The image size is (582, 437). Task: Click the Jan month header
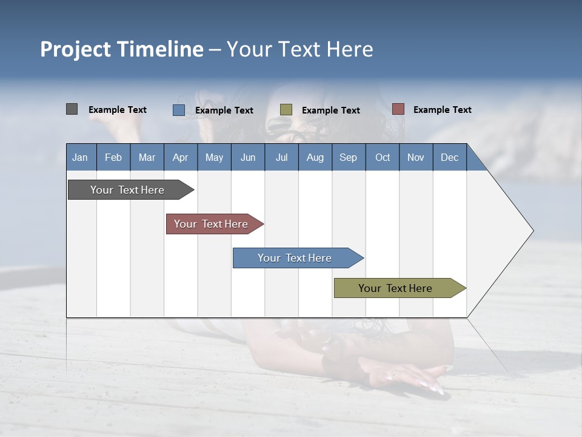80,157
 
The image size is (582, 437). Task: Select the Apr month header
180,157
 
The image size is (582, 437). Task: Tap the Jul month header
281,157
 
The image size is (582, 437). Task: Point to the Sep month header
348,157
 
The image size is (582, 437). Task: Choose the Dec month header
449,157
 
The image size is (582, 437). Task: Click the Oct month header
382,157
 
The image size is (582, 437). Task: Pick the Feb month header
113,157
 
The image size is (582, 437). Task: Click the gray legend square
72,109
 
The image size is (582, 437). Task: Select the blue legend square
178,110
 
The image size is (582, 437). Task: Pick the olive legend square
286,110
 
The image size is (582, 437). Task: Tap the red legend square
398,109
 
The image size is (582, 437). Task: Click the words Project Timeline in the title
121,49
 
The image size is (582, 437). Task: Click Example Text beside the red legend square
442,110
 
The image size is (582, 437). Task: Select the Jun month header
247,157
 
